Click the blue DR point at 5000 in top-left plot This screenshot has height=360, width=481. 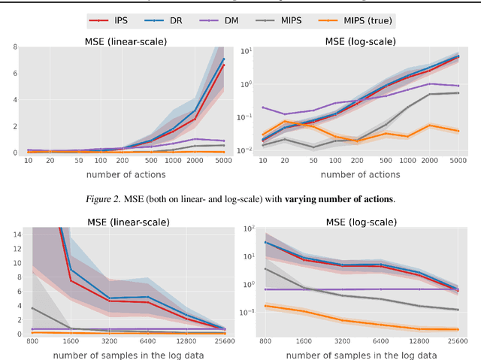[x=223, y=59]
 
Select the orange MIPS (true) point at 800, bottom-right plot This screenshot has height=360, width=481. [x=265, y=306]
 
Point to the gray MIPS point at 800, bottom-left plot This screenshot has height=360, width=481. [x=32, y=308]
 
